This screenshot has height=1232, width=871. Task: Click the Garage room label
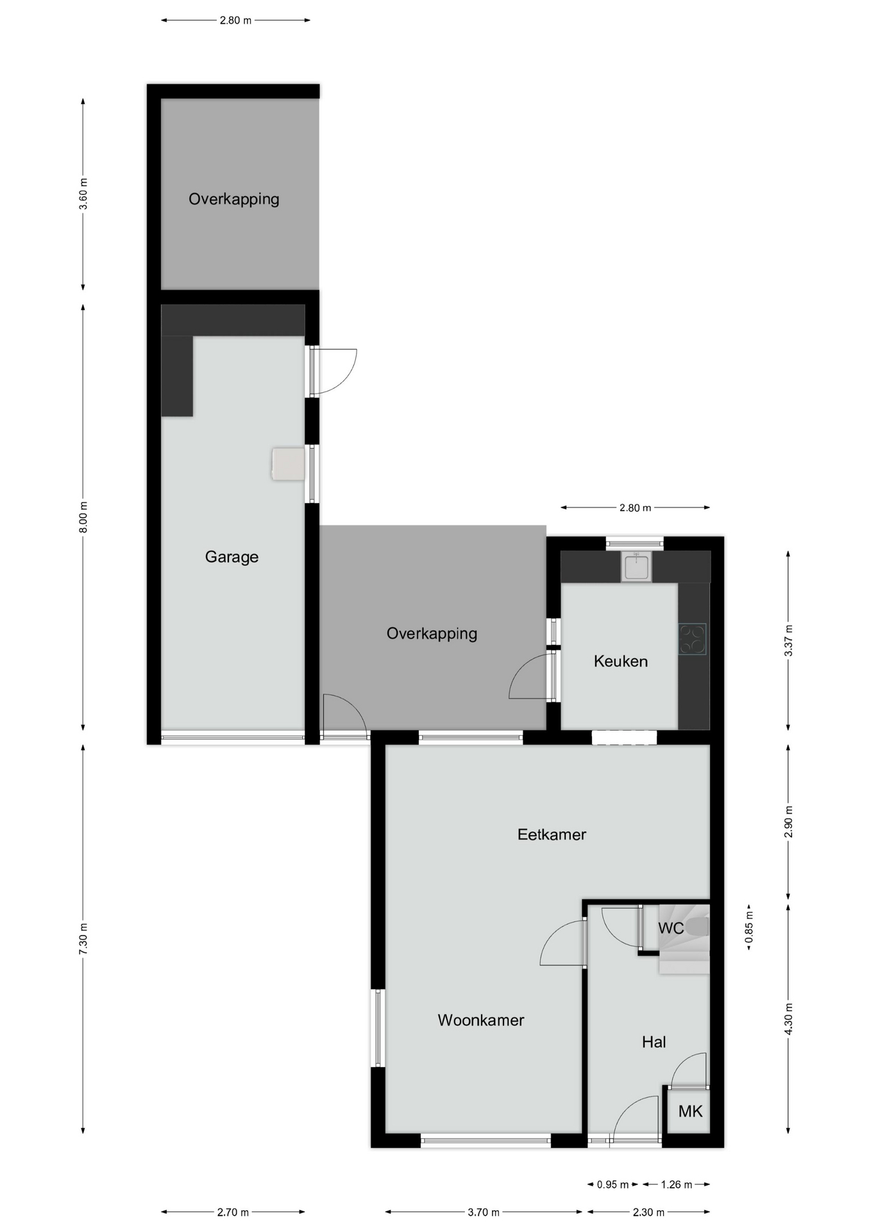pyautogui.click(x=232, y=557)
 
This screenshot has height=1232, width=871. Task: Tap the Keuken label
pyautogui.click(x=620, y=661)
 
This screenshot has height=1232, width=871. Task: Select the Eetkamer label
pyautogui.click(x=552, y=834)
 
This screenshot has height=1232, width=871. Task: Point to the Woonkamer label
pyautogui.click(x=480, y=1020)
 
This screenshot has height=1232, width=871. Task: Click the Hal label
pyautogui.click(x=654, y=1041)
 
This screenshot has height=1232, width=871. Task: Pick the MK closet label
pyautogui.click(x=690, y=1111)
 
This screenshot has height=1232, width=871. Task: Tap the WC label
pyautogui.click(x=670, y=928)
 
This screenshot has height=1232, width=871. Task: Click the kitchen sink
pyautogui.click(x=636, y=567)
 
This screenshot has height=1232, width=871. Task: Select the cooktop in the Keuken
pyautogui.click(x=692, y=639)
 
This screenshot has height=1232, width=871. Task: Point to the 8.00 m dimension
pyautogui.click(x=83, y=517)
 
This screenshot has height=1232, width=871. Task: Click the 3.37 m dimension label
pyautogui.click(x=788, y=640)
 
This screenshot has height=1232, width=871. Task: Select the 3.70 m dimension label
pyautogui.click(x=483, y=1212)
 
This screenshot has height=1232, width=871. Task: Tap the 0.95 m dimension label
pyautogui.click(x=613, y=1185)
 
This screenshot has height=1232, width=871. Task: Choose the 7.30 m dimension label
pyautogui.click(x=83, y=938)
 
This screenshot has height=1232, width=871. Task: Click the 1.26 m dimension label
pyautogui.click(x=676, y=1185)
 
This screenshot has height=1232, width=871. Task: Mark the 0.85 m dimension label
pyautogui.click(x=748, y=928)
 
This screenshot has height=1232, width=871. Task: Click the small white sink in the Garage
pyautogui.click(x=288, y=464)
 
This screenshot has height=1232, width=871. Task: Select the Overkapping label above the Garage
pyautogui.click(x=233, y=199)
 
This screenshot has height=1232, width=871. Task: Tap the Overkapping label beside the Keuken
pyautogui.click(x=432, y=633)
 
